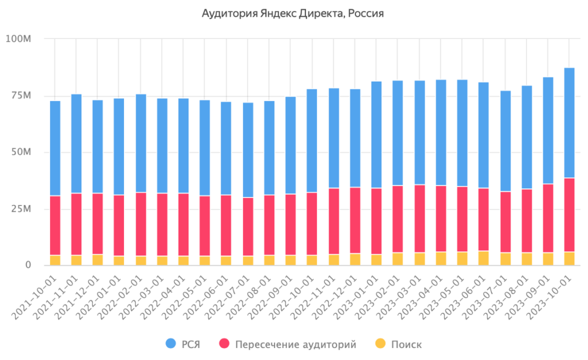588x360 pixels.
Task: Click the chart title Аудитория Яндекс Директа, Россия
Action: coord(293,13)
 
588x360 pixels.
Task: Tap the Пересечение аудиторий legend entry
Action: coord(288,344)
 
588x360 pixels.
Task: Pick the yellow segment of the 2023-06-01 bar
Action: coord(483,258)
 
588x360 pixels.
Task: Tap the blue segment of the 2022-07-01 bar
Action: coord(248,150)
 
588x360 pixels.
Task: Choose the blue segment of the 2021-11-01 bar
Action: coord(76,144)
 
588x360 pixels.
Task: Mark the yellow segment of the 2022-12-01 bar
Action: coord(355,260)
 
